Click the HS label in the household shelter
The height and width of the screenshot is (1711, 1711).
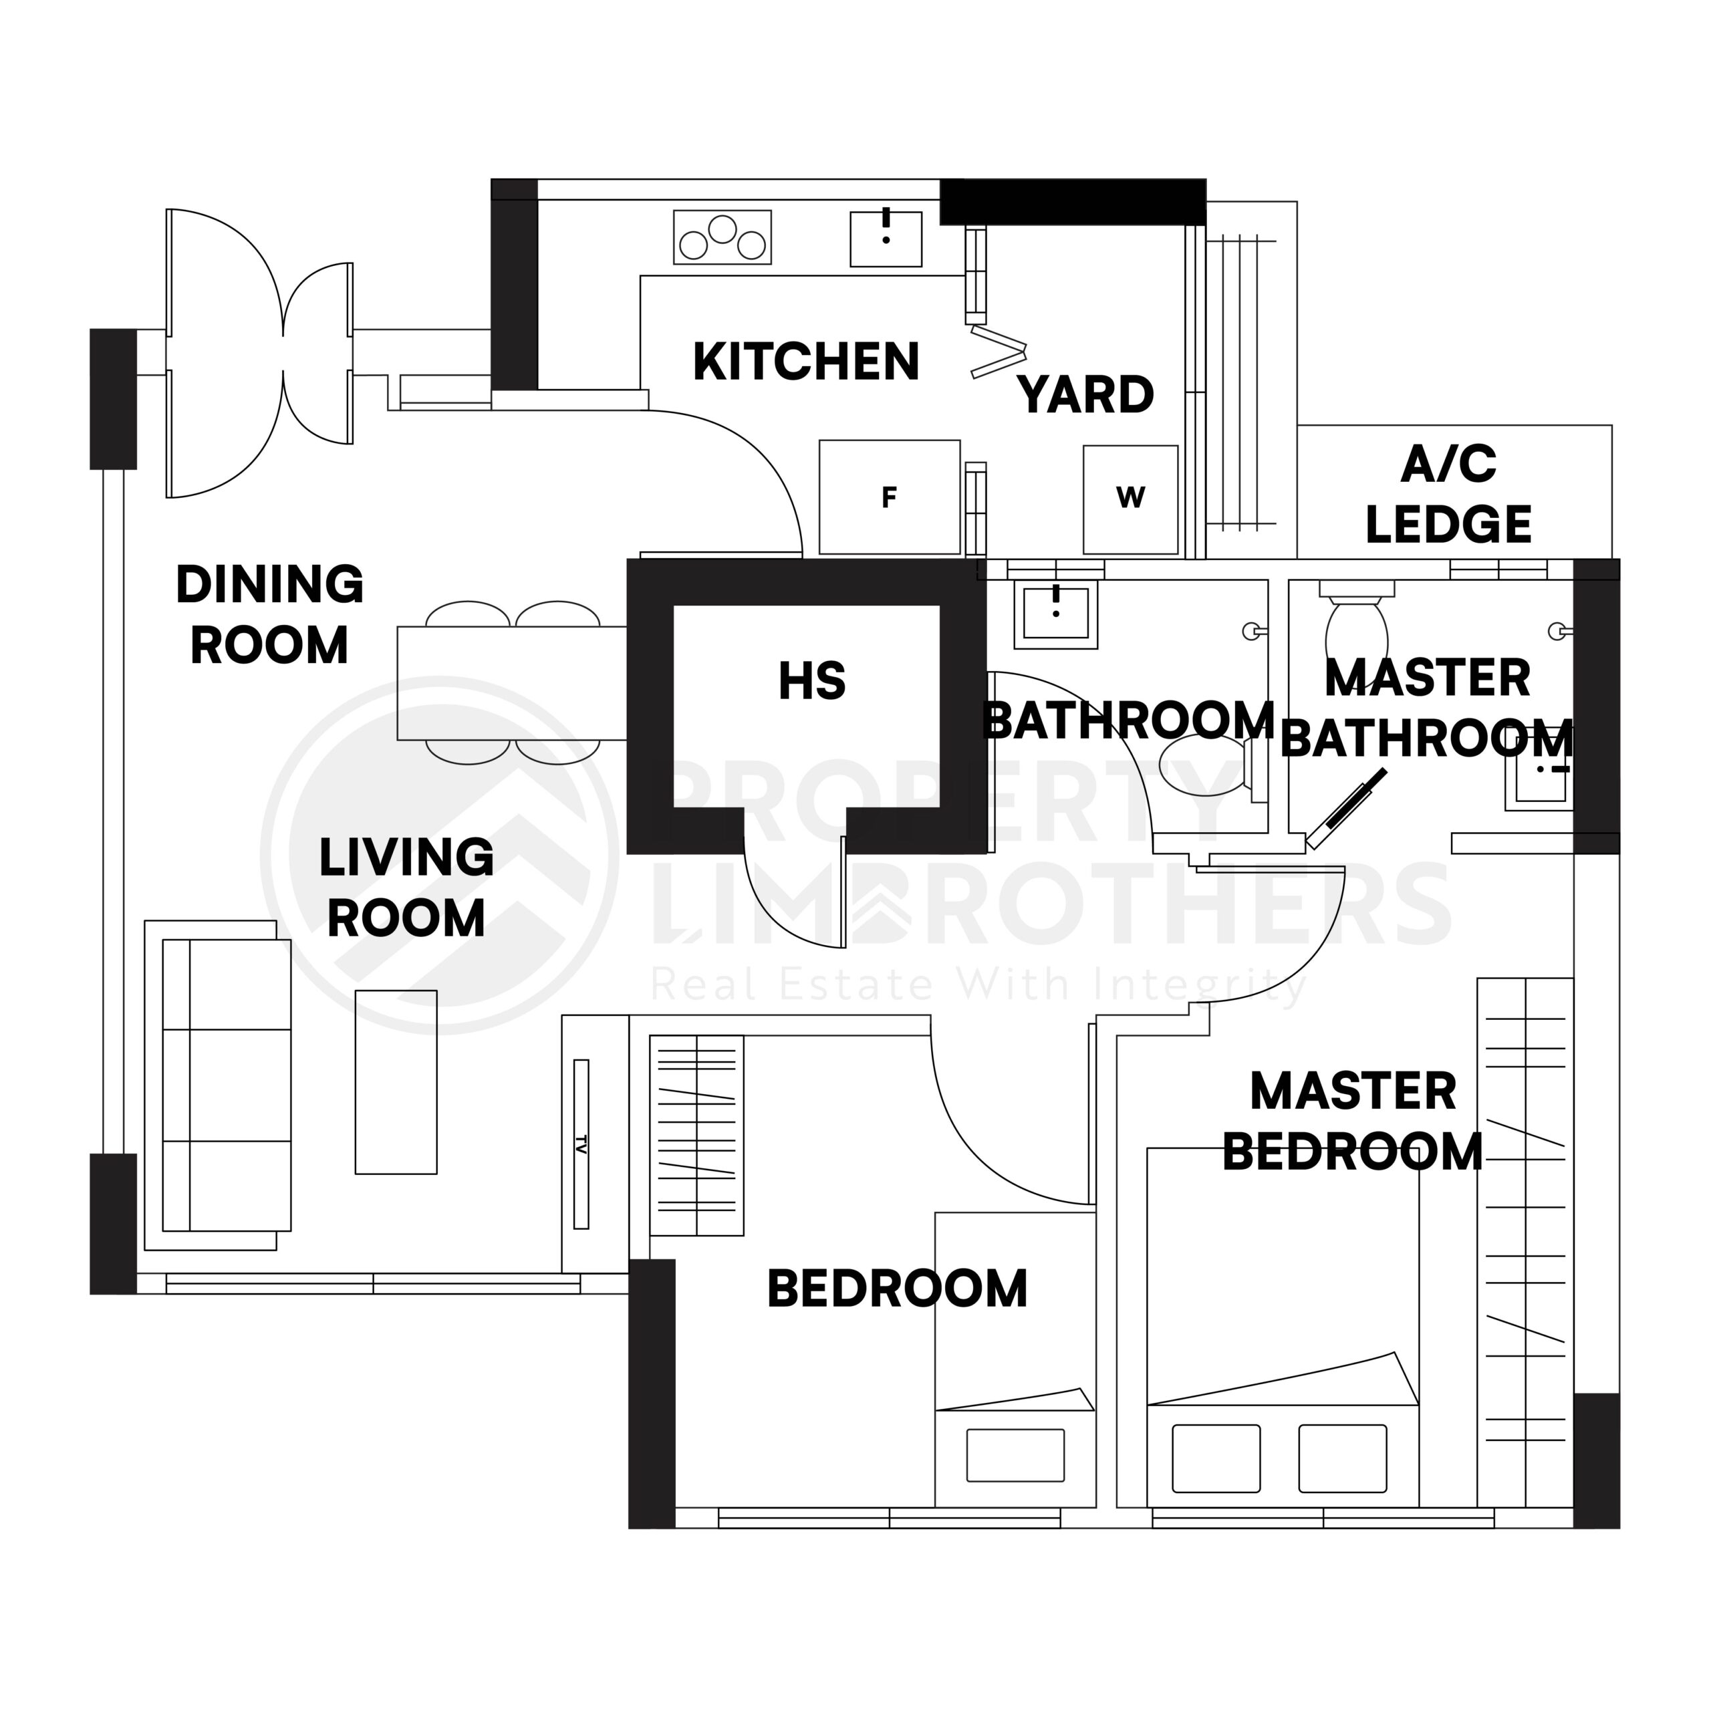click(811, 681)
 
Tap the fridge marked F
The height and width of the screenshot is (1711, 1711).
click(889, 498)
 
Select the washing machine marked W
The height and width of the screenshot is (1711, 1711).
click(1130, 499)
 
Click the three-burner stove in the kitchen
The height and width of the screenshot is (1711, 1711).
click(722, 237)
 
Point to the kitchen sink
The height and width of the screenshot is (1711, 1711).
click(885, 238)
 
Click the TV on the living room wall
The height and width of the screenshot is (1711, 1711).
click(581, 1144)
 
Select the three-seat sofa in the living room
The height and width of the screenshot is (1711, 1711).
click(227, 1085)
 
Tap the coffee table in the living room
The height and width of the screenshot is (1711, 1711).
click(396, 1081)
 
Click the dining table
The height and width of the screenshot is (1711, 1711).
click(511, 683)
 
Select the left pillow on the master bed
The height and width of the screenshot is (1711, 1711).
click(1215, 1458)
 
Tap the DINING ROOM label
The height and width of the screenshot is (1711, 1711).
click(269, 614)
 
